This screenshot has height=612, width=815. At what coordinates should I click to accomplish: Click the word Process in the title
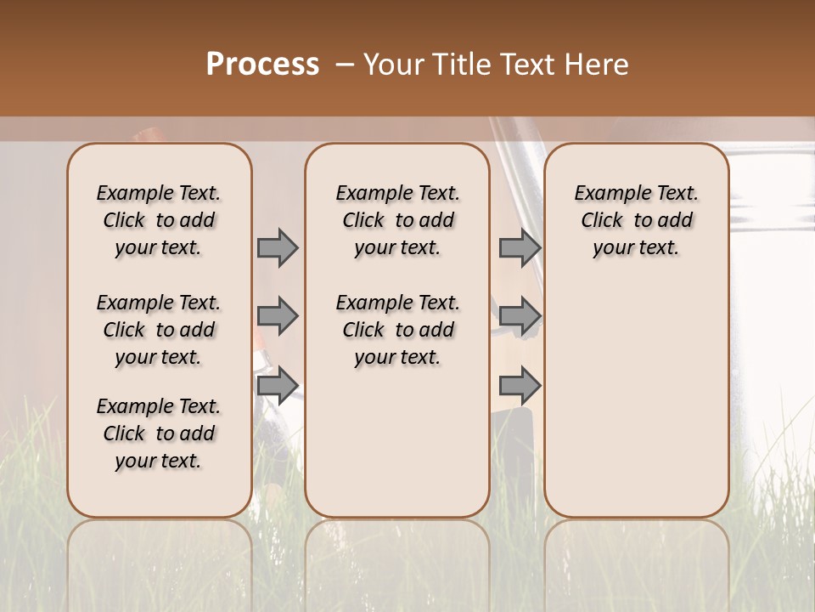point(262,65)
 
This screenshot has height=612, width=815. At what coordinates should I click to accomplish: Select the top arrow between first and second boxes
point(278,248)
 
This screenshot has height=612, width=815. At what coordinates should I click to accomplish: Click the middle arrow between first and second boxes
point(278,316)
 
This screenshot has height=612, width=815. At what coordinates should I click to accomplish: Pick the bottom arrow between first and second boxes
point(278,386)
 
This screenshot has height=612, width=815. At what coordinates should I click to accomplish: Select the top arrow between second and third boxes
point(520,248)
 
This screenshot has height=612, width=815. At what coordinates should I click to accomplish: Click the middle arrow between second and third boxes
point(520,316)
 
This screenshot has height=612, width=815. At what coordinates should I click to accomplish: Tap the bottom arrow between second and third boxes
point(520,386)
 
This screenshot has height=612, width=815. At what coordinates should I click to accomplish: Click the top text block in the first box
point(159,220)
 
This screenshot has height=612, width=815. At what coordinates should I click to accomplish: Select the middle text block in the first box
point(159,330)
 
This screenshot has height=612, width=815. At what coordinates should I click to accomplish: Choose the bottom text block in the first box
point(159,433)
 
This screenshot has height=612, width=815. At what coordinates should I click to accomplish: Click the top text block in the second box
point(397,220)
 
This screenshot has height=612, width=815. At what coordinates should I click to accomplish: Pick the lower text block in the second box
point(397,330)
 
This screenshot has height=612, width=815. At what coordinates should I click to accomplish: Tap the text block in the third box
point(637,220)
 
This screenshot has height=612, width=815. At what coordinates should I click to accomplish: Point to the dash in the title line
point(345,65)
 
